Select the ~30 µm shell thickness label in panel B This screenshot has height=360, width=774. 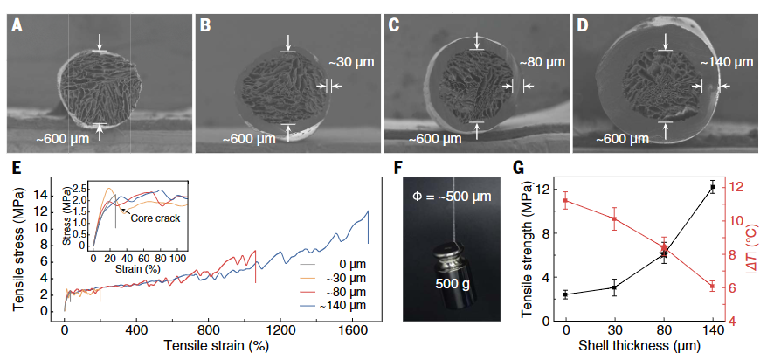pyautogui.click(x=351, y=63)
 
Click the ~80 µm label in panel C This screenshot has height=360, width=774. pyautogui.click(x=542, y=63)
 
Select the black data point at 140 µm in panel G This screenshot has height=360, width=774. pyautogui.click(x=712, y=187)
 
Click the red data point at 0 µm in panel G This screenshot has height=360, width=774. pyautogui.click(x=566, y=201)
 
